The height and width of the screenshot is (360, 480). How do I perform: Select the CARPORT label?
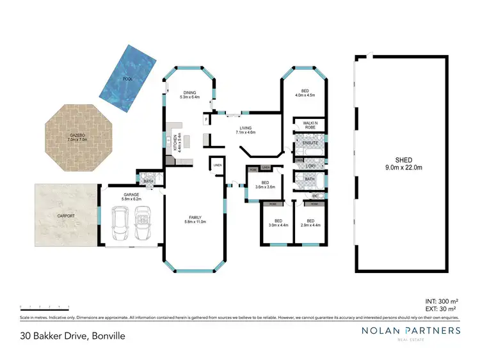click(65, 216)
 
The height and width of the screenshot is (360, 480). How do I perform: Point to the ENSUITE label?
click(310, 143)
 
